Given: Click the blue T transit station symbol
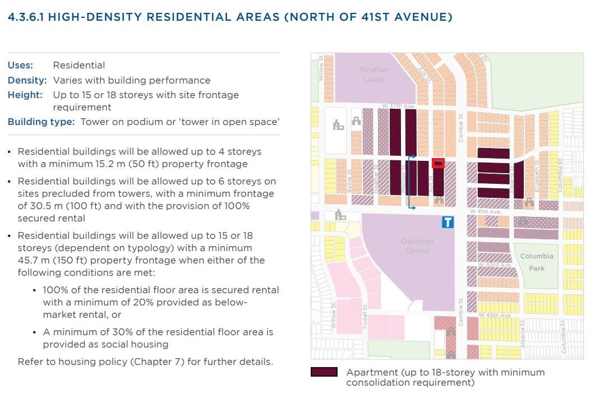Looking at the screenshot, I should coord(448,222).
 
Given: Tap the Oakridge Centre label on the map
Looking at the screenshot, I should coord(417,245).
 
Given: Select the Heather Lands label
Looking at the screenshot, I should coord(374,74).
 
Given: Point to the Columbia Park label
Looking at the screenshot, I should coord(537,262).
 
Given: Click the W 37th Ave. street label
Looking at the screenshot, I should coord(398,106).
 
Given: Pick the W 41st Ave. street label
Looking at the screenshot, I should coord(486,212).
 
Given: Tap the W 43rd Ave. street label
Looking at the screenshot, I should coord(494,265).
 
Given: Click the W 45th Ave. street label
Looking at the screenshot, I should coord(495,316).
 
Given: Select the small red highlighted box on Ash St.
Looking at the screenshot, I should coord(439,164).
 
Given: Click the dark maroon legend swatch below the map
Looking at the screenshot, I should coord(324,372).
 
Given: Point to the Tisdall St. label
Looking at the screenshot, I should coord(365,316).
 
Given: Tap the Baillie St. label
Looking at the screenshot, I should coord(349,181).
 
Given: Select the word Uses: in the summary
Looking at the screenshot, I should coord(20,66).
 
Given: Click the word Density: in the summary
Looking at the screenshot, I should coord(27,80).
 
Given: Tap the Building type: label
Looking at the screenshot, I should coord(41,122).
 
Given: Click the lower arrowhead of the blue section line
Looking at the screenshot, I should coord(413,208).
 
